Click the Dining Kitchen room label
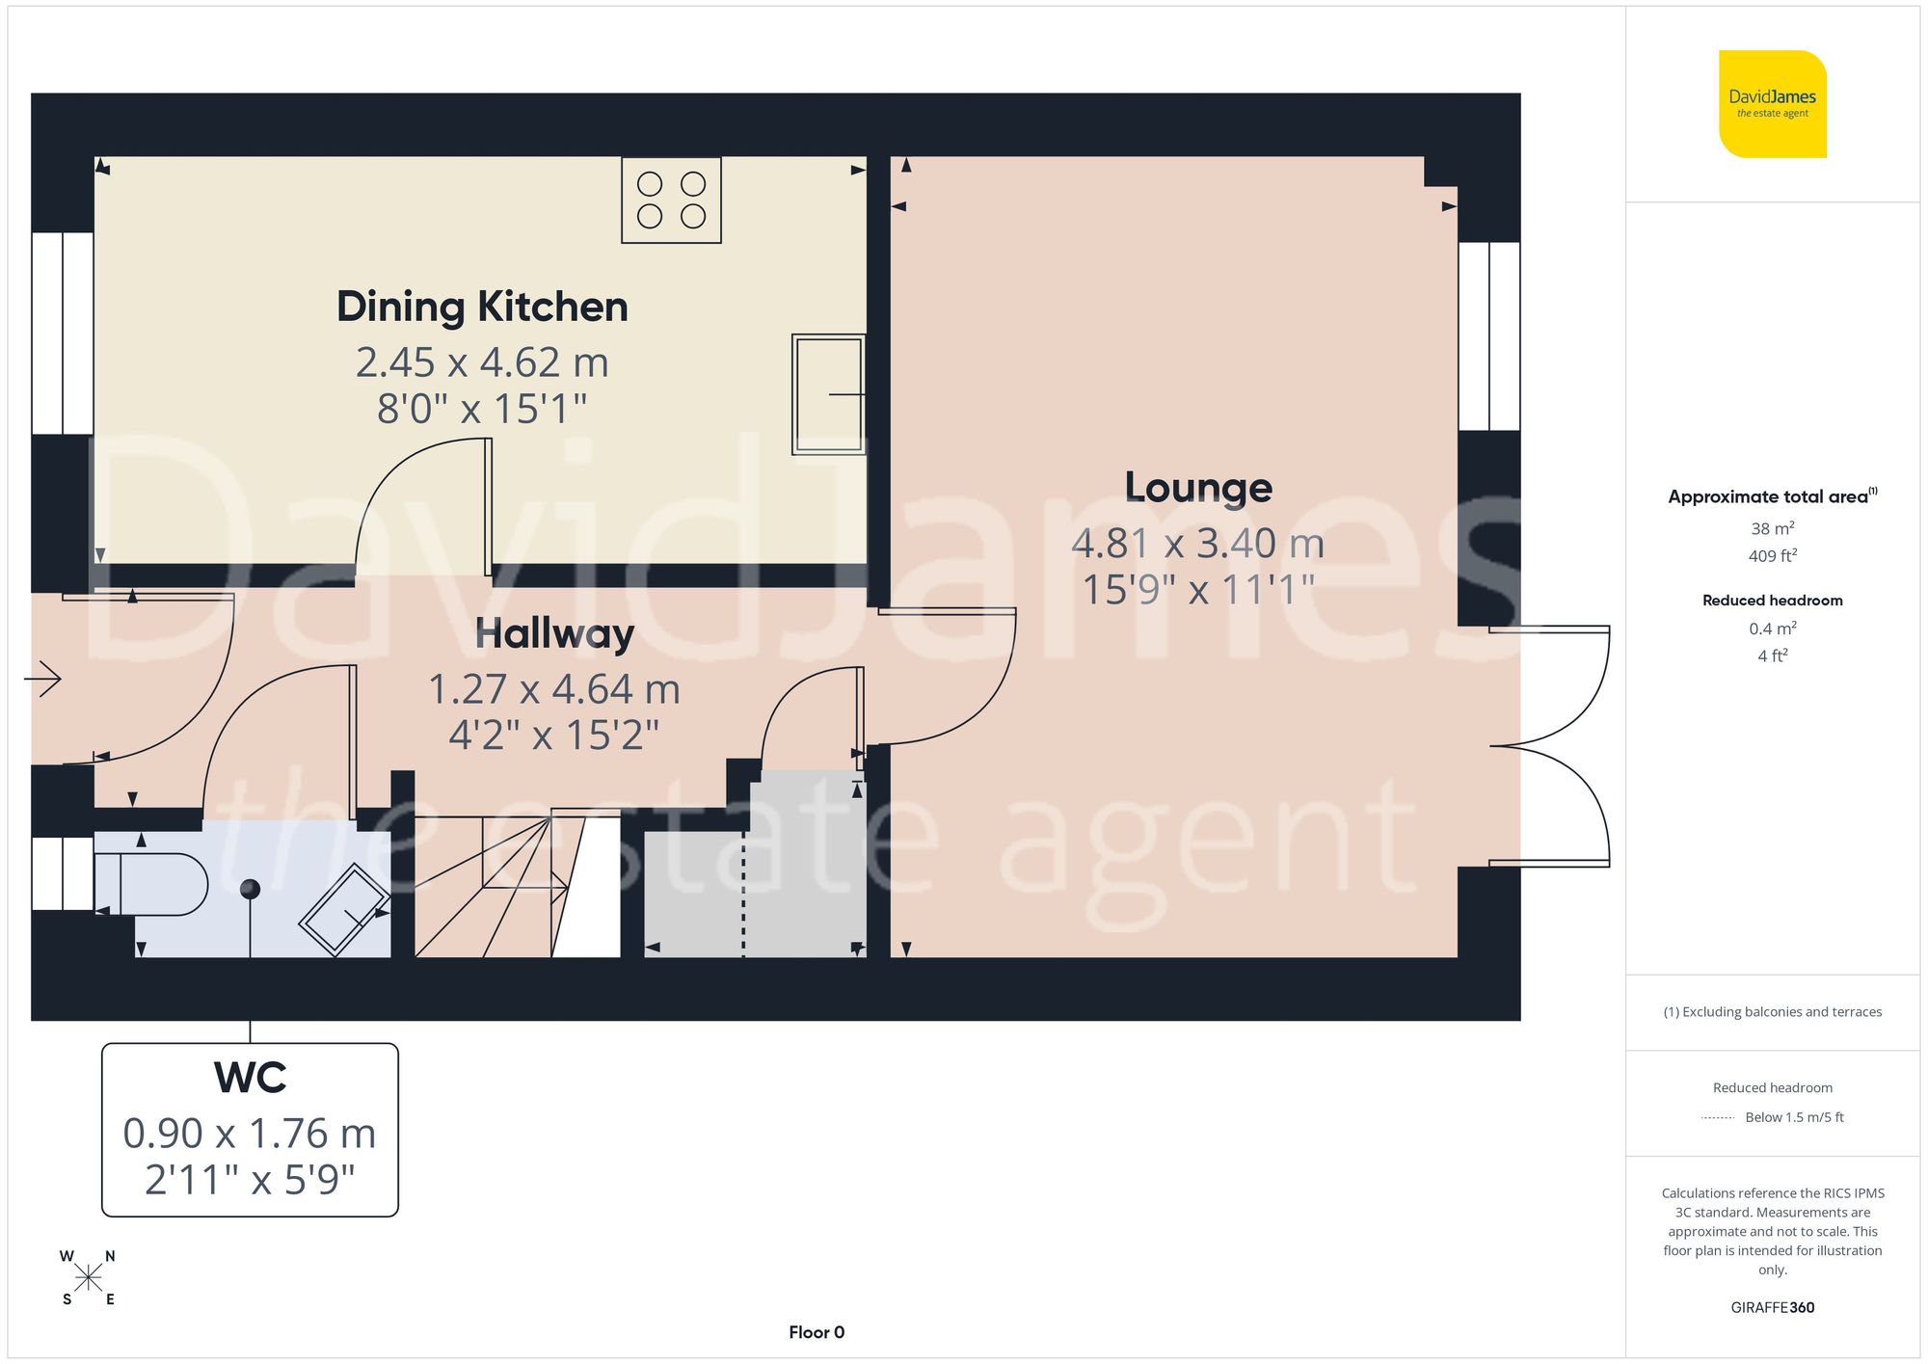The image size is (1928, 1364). tap(482, 307)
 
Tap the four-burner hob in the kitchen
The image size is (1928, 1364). tap(671, 201)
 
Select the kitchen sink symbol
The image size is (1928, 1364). tap(827, 393)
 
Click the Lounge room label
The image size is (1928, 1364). tap(1198, 488)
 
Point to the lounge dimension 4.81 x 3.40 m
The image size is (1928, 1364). tap(1198, 544)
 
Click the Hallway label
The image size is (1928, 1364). tap(554, 634)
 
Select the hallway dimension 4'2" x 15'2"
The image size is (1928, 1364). tap(554, 735)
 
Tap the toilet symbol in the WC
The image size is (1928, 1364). tap(154, 884)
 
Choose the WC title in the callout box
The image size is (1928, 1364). tap(250, 1078)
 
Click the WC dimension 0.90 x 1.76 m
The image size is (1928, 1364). tap(250, 1134)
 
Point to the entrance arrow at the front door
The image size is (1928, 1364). tap(43, 679)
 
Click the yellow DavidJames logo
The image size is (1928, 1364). tap(1772, 104)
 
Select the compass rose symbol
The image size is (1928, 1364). tap(88, 1278)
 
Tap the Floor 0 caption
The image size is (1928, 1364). tap(817, 1332)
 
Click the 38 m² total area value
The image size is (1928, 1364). tap(1772, 528)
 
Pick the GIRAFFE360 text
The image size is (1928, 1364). tap(1772, 1307)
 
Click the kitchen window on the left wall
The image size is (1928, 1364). tap(63, 333)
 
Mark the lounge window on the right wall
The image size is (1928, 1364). tap(1489, 335)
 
